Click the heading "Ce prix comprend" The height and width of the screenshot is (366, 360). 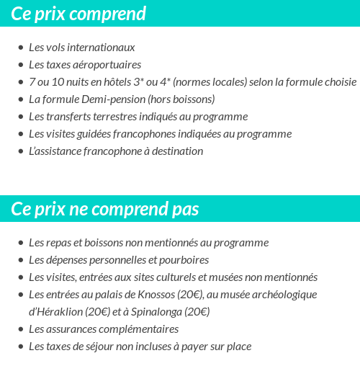point(78,14)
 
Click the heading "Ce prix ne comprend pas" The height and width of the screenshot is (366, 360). point(105,209)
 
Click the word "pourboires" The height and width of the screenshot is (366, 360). point(185,260)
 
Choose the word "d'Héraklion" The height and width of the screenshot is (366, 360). point(56,312)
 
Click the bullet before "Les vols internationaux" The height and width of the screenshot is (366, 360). point(20,48)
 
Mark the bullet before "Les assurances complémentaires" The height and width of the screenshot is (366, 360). point(20,329)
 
